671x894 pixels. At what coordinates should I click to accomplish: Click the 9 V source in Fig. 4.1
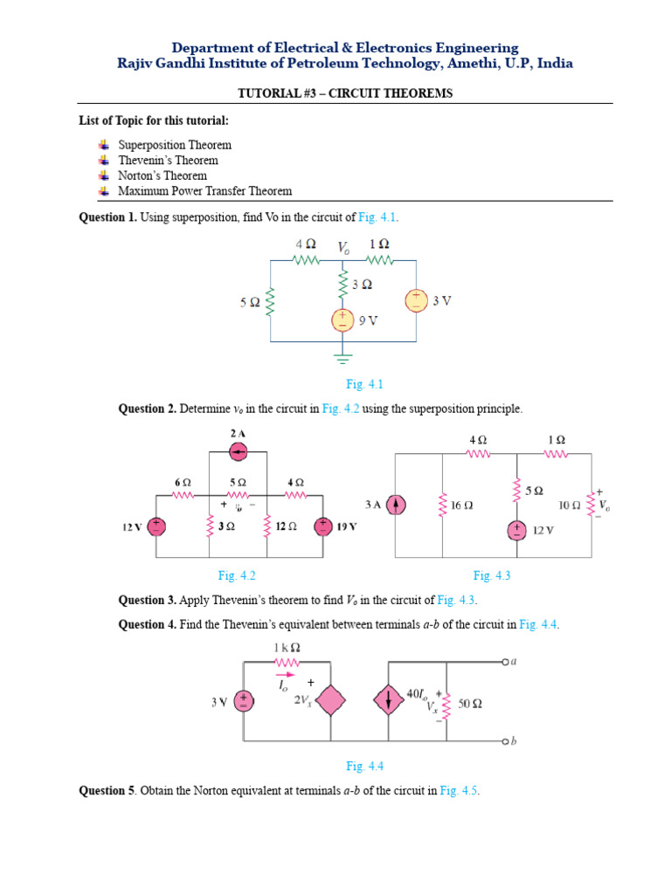(342, 320)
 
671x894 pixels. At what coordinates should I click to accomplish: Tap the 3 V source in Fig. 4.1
(416, 300)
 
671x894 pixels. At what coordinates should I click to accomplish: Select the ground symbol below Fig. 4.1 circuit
(342, 359)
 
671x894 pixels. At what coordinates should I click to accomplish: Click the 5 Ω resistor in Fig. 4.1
(271, 301)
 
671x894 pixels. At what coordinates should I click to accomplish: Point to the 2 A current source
(238, 452)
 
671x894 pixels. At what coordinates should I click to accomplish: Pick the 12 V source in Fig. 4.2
(156, 526)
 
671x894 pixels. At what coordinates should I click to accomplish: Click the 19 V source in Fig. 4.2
(323, 526)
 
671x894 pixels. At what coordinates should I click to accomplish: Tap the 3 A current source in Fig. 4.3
(396, 505)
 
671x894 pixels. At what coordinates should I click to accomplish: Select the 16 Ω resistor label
(461, 505)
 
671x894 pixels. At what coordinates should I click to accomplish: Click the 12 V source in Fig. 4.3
(517, 530)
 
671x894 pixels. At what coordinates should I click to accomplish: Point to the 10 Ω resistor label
(570, 505)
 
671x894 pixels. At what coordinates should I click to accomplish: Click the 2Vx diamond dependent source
(330, 700)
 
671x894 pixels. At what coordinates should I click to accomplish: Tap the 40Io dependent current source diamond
(389, 700)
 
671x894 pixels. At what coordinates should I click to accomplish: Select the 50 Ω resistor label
(470, 704)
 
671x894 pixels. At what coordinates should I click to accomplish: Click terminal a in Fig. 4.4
(505, 662)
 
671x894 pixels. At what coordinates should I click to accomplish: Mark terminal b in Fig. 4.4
(505, 741)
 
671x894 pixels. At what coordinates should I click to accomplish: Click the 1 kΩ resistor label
(287, 648)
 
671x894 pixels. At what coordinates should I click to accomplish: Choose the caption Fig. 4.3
(492, 576)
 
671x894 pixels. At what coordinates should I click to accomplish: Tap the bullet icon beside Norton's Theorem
(103, 175)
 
